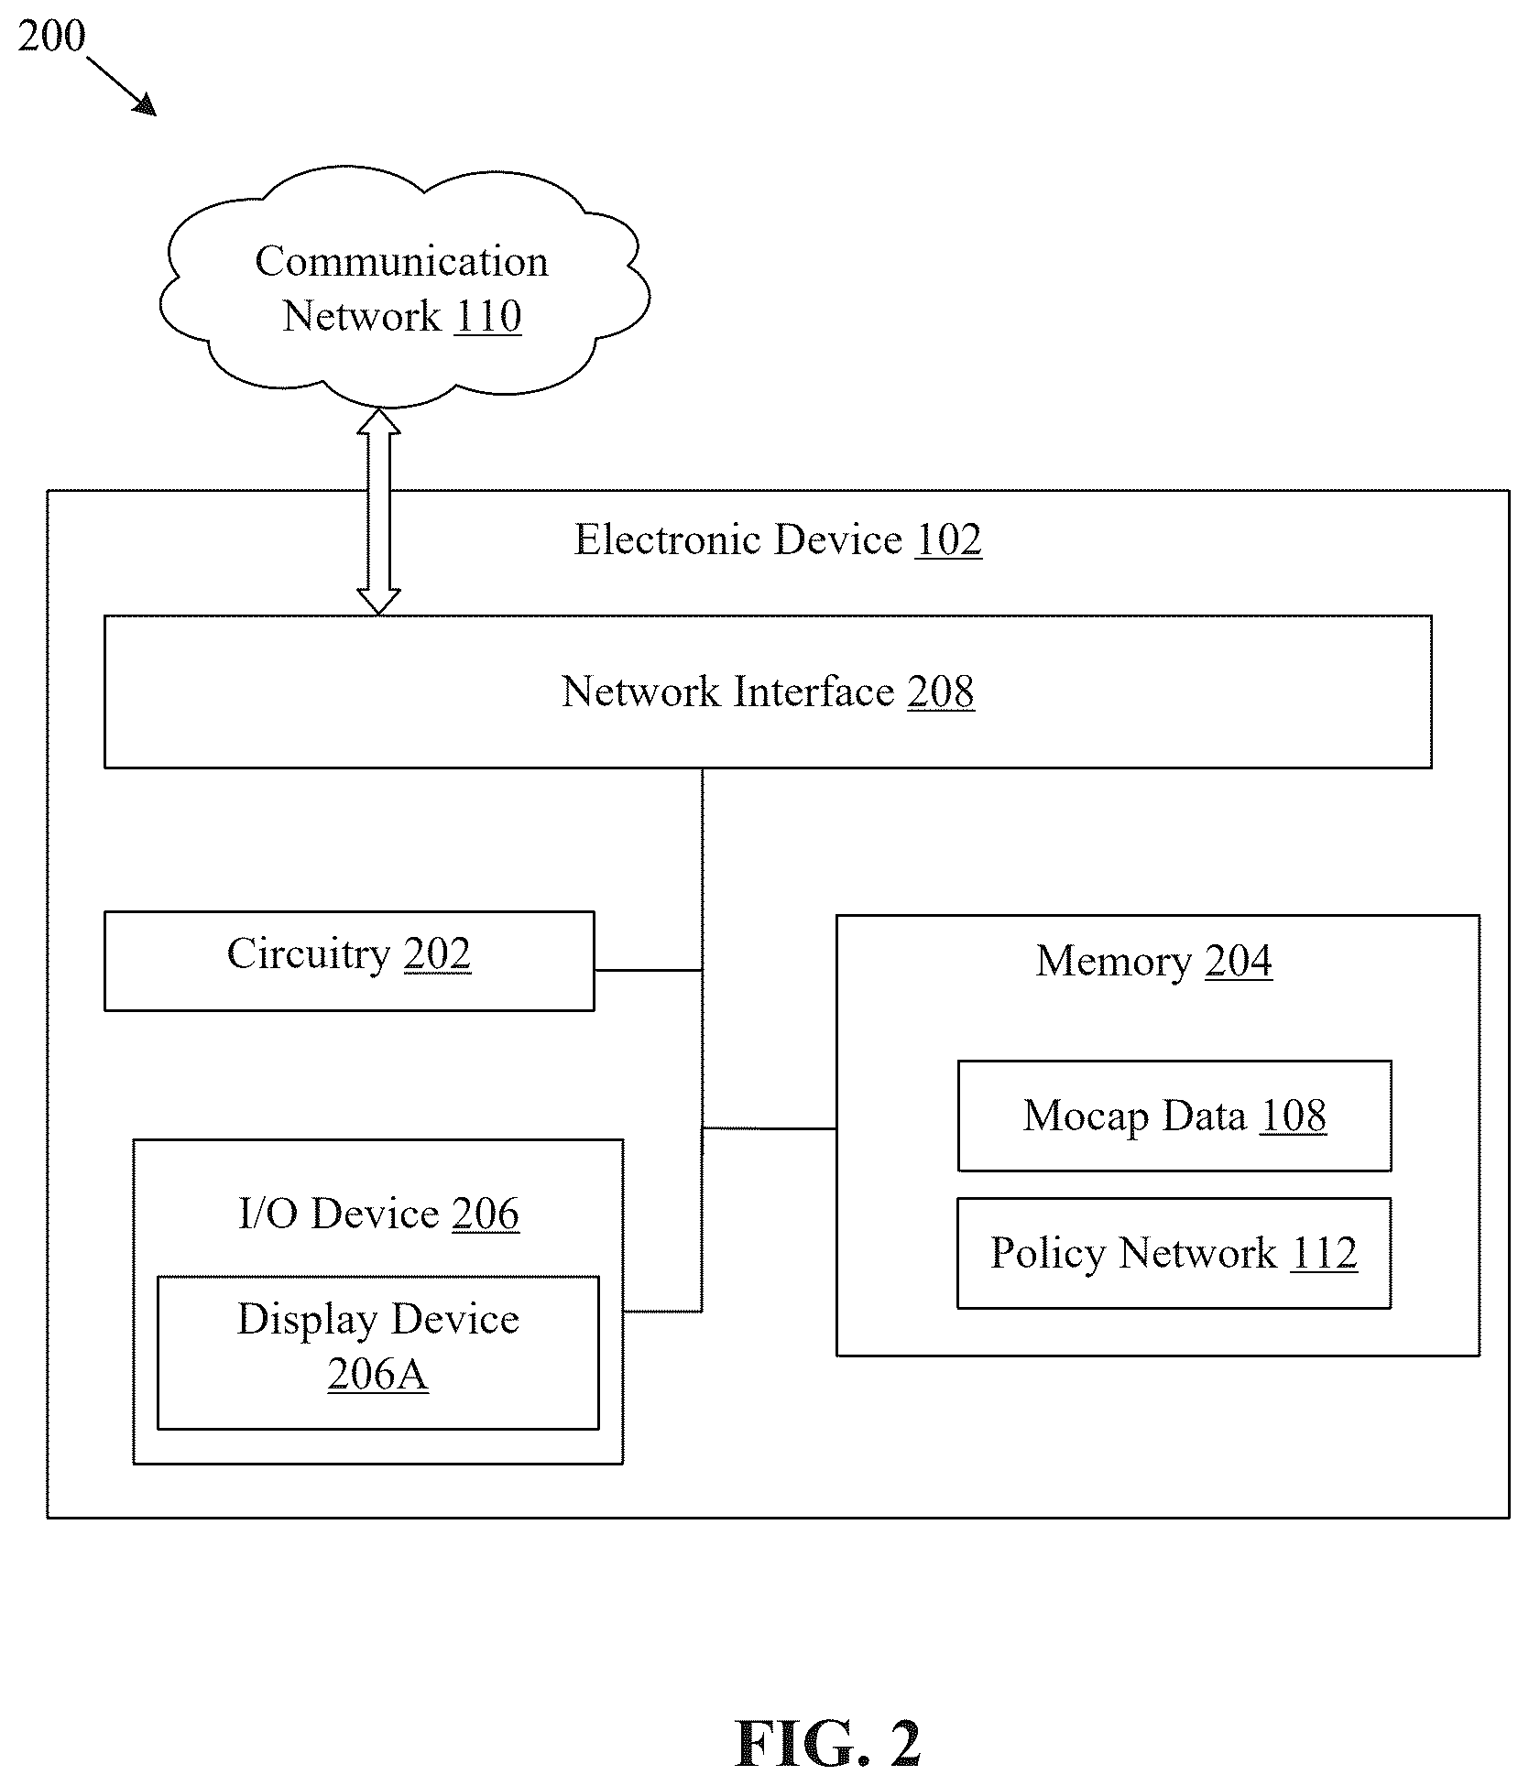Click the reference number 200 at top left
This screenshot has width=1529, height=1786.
51,37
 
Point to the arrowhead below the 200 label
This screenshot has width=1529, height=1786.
146,106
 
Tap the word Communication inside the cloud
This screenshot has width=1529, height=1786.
401,262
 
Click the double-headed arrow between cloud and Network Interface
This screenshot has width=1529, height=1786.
378,511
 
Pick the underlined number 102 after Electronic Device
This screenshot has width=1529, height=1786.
948,539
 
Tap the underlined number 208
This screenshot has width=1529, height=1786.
941,692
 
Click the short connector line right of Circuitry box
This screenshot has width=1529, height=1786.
649,970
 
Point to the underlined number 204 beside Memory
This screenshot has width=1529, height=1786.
1239,962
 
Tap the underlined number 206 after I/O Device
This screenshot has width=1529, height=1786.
486,1214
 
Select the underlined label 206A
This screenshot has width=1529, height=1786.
377,1375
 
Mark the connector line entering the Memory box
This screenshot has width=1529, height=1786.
770,1128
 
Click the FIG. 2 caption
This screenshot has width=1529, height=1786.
828,1744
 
